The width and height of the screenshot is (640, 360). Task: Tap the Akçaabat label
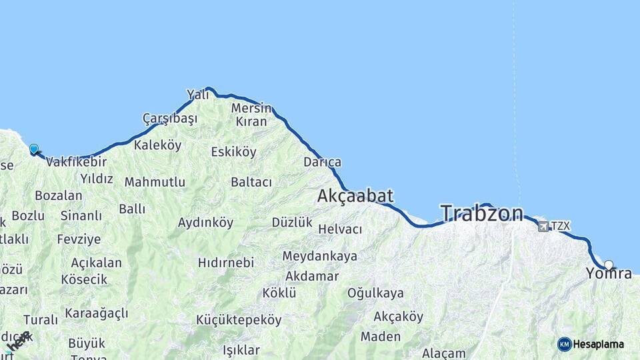355,196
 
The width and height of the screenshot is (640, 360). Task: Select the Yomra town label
609,273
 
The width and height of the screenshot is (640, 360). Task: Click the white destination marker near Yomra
608,265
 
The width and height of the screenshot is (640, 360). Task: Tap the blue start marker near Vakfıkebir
34,149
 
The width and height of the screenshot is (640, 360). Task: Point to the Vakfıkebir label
77,161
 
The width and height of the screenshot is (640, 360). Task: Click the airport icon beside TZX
543,227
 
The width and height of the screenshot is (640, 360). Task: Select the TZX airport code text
561,226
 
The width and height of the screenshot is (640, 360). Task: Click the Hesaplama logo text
599,345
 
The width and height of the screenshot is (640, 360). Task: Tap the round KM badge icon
564,344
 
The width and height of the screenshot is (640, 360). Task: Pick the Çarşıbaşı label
170,119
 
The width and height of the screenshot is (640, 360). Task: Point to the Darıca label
322,162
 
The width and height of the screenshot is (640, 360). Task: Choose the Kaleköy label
157,145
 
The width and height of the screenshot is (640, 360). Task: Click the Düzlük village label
292,223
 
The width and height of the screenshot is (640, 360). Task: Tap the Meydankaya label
319,256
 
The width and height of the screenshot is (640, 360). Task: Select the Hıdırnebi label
226,263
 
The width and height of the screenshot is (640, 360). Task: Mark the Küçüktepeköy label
239,320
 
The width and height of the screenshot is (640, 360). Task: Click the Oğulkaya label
375,293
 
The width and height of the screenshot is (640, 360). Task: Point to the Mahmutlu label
155,182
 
